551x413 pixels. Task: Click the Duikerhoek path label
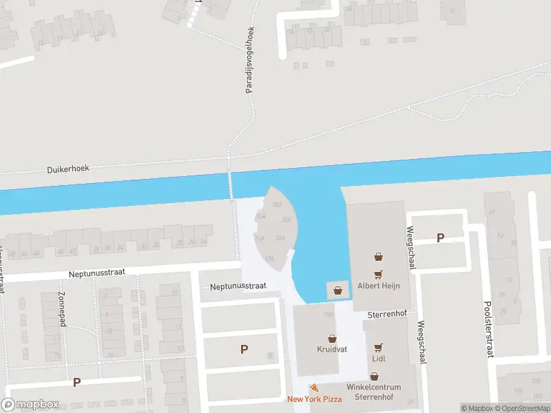coord(68,168)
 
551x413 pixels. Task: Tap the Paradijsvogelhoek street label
coord(251,60)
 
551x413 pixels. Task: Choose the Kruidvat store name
coord(332,350)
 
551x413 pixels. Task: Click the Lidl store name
coord(377,359)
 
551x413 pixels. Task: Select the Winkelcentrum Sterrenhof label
coord(375,392)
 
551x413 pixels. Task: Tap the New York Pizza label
coord(314,399)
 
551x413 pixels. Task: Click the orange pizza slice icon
coord(314,388)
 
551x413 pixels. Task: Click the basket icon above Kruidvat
coord(332,339)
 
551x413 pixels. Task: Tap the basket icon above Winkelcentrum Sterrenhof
coord(374,377)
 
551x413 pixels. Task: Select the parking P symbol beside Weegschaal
coord(440,238)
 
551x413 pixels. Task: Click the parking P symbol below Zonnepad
coord(77,383)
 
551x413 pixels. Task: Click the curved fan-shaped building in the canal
coord(275,227)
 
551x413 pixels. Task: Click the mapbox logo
coord(30,405)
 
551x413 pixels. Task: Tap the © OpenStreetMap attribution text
coord(520,408)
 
